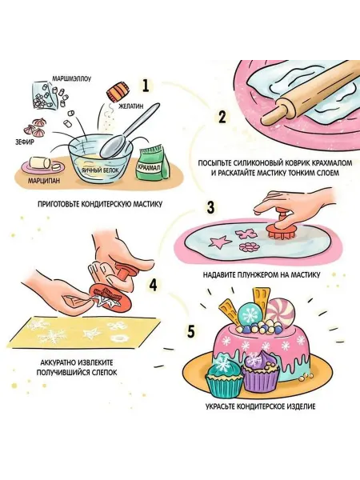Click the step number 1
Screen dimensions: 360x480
[x=146, y=86]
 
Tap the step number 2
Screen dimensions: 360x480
[x=222, y=118]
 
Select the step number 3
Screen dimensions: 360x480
[x=210, y=207]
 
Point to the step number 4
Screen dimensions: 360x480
[x=153, y=285]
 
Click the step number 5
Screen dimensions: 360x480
[x=190, y=331]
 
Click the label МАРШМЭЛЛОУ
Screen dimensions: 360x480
[x=71, y=78]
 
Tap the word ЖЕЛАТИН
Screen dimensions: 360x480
[x=130, y=107]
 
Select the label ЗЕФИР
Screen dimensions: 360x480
[x=25, y=142]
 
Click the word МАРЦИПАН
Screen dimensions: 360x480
[x=44, y=180]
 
